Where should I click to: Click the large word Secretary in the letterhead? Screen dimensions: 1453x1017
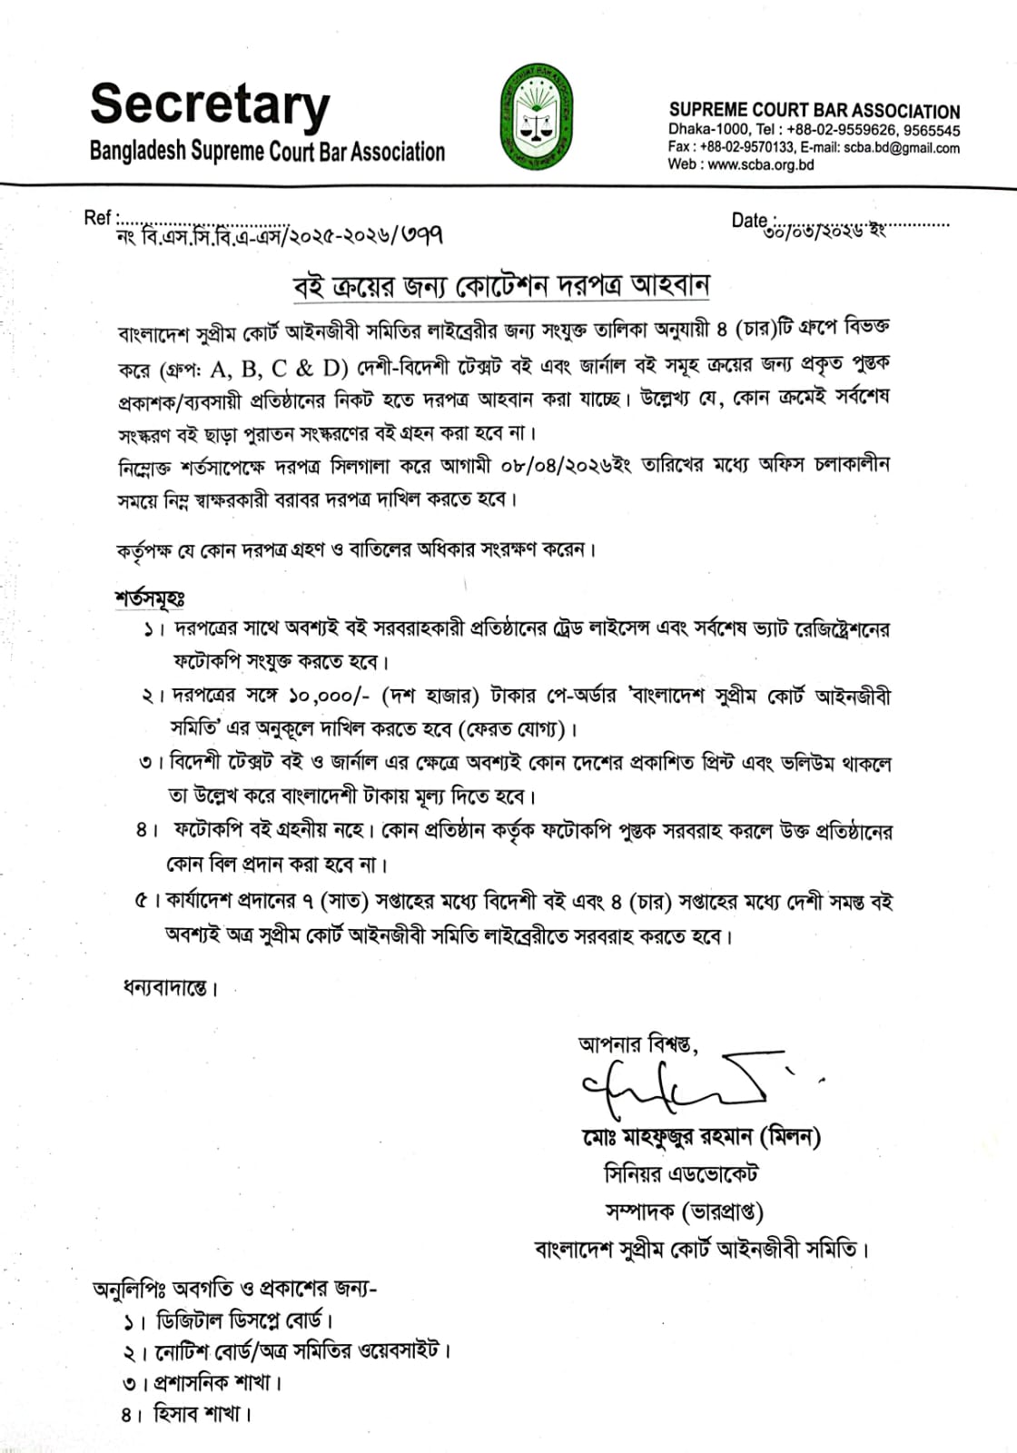click(210, 104)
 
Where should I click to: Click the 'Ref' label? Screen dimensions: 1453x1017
click(97, 217)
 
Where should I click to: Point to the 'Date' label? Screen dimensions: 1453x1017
click(749, 220)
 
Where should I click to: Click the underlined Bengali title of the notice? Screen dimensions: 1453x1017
click(500, 285)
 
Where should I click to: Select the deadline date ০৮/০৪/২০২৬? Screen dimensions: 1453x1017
click(563, 466)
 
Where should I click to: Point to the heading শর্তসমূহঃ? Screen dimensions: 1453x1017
click(151, 598)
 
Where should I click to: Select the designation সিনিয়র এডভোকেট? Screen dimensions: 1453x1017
click(681, 1174)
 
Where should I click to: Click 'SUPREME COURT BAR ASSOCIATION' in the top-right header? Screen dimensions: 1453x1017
click(814, 111)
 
